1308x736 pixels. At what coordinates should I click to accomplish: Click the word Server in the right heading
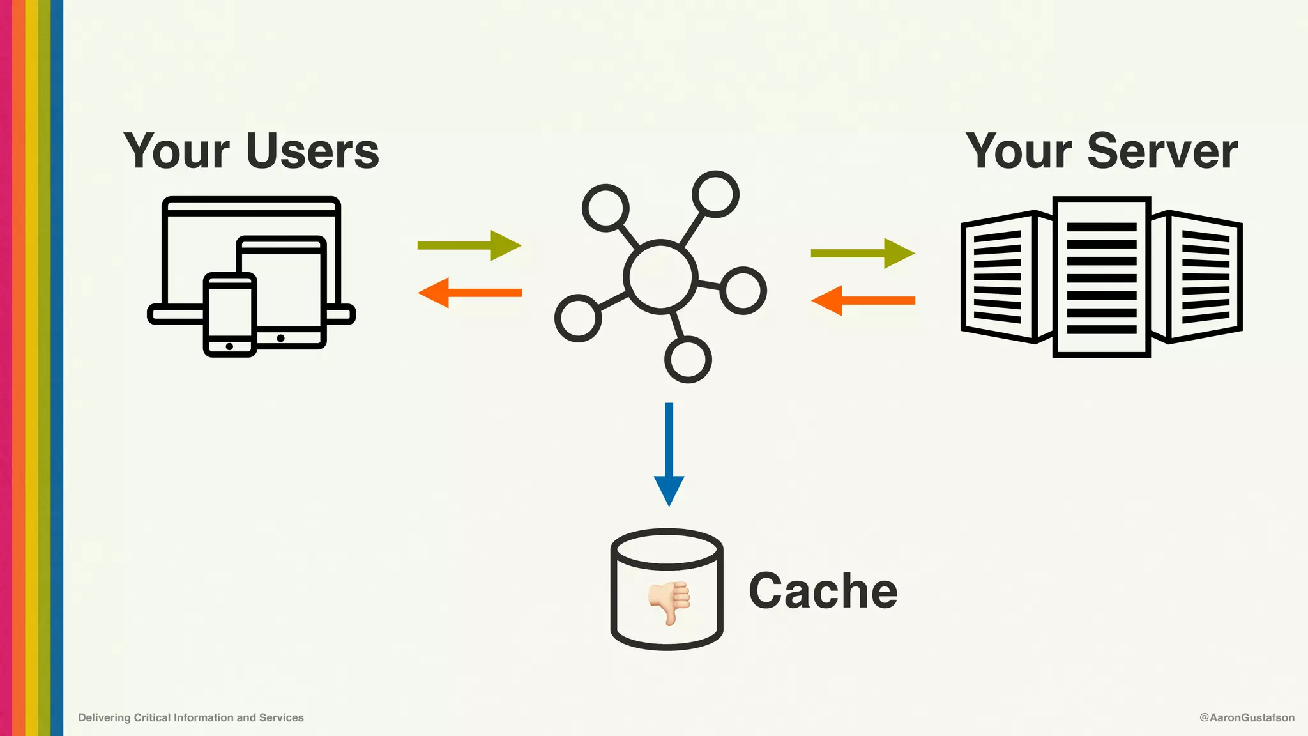[x=1162, y=151]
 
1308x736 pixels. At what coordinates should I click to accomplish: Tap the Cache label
[x=823, y=591]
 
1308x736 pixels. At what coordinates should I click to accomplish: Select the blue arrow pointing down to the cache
[x=669, y=454]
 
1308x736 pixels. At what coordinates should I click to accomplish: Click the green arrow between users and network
[x=469, y=245]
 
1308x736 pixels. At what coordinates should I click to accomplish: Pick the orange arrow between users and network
[x=469, y=293]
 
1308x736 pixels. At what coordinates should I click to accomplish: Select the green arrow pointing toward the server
[x=862, y=253]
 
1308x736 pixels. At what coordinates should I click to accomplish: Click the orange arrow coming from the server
[x=862, y=300]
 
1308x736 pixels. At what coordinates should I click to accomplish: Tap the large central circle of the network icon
[x=660, y=277]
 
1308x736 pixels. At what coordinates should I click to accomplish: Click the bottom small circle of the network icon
[x=688, y=360]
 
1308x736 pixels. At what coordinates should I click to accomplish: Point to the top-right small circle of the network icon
[x=715, y=194]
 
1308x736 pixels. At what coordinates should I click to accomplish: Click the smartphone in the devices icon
[x=230, y=313]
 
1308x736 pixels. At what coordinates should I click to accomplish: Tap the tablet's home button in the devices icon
[x=280, y=338]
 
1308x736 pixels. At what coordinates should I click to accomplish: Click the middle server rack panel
[x=1101, y=277]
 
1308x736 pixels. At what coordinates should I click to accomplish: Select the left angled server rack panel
[x=998, y=277]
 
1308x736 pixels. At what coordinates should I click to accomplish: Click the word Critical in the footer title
[x=152, y=717]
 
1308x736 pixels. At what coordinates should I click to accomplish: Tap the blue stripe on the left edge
[x=57, y=368]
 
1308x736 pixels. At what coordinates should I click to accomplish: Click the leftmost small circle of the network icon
[x=578, y=318]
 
